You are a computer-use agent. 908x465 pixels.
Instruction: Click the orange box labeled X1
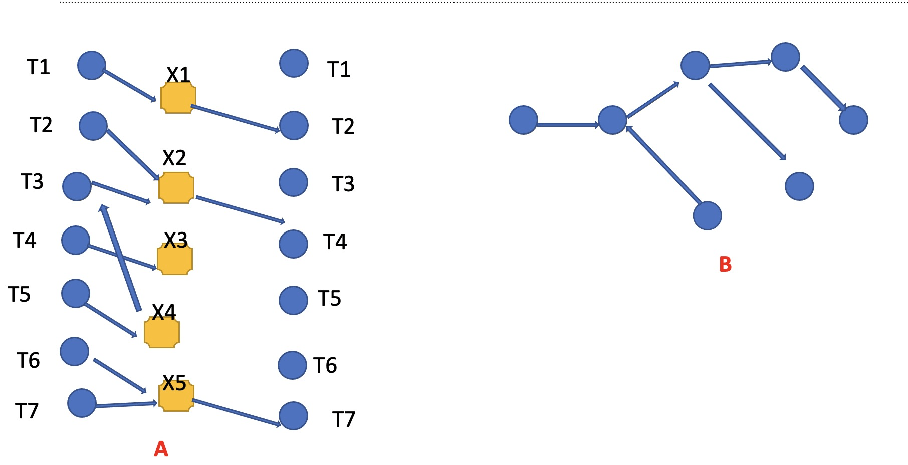pos(178,98)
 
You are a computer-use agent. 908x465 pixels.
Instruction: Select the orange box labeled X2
pos(176,188)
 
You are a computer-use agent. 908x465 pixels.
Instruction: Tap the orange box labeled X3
pos(175,260)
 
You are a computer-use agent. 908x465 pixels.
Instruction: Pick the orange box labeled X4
pos(161,332)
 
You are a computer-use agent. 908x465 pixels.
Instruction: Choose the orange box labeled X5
pos(176,396)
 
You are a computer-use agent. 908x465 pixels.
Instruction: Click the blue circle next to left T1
pos(92,65)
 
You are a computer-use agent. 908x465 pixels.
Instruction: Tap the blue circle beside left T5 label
pos(76,293)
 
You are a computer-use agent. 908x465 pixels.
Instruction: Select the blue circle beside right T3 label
pos(293,182)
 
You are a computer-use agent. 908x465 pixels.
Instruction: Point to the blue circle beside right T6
pos(292,365)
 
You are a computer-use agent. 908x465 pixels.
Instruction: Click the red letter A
pos(161,449)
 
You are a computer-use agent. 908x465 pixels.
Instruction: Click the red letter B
pos(725,264)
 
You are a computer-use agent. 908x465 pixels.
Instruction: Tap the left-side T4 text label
pos(25,241)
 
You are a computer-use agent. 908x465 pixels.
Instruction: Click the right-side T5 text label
pos(330,299)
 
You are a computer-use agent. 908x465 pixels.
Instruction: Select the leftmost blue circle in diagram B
pos(523,120)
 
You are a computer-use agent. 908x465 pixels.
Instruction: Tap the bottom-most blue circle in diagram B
pos(707,216)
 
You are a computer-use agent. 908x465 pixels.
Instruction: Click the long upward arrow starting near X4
pos(121,258)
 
